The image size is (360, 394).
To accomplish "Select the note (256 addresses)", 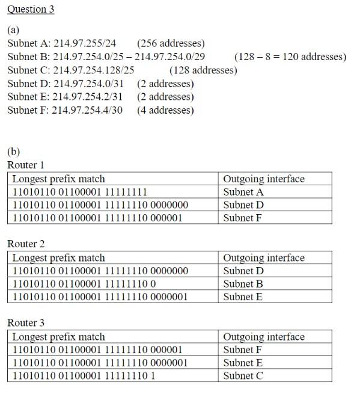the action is point(171,43).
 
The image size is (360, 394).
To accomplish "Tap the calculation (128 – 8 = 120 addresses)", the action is point(290,57).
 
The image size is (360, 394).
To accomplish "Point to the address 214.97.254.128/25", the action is point(94,70).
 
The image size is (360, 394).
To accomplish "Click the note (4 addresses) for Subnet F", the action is point(165,110).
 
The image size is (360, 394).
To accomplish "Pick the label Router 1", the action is point(26,165).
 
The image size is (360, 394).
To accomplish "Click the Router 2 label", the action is point(26,244).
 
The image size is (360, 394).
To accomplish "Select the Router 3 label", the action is point(26,323).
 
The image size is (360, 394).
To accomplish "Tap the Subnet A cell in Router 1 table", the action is point(243,192).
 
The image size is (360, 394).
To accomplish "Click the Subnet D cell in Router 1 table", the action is point(243,205).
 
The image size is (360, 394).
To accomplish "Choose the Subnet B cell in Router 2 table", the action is point(243,284).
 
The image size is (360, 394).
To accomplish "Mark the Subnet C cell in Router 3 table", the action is point(243,376).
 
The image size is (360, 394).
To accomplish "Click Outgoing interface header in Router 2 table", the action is point(264,258).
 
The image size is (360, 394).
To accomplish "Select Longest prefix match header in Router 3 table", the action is point(58,337).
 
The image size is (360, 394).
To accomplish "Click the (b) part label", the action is point(13,151).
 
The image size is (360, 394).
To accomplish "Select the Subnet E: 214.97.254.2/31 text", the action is point(66,97).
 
